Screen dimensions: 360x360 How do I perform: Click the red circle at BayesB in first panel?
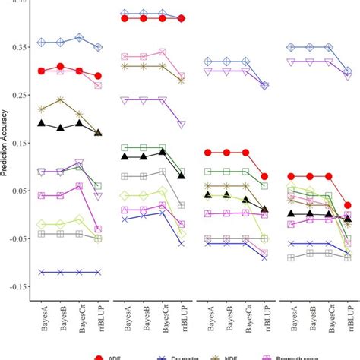pos(61,68)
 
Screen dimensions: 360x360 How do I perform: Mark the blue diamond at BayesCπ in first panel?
pos(79,37)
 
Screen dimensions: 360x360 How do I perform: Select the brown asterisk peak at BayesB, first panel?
pos(61,100)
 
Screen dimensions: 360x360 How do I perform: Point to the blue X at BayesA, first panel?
pos(42,272)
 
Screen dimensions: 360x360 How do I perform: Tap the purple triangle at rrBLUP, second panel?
pos(181,124)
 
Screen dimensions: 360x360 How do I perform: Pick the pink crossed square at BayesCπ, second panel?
pos(162,52)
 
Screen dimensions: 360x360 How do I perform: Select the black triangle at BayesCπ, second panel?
pos(162,152)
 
